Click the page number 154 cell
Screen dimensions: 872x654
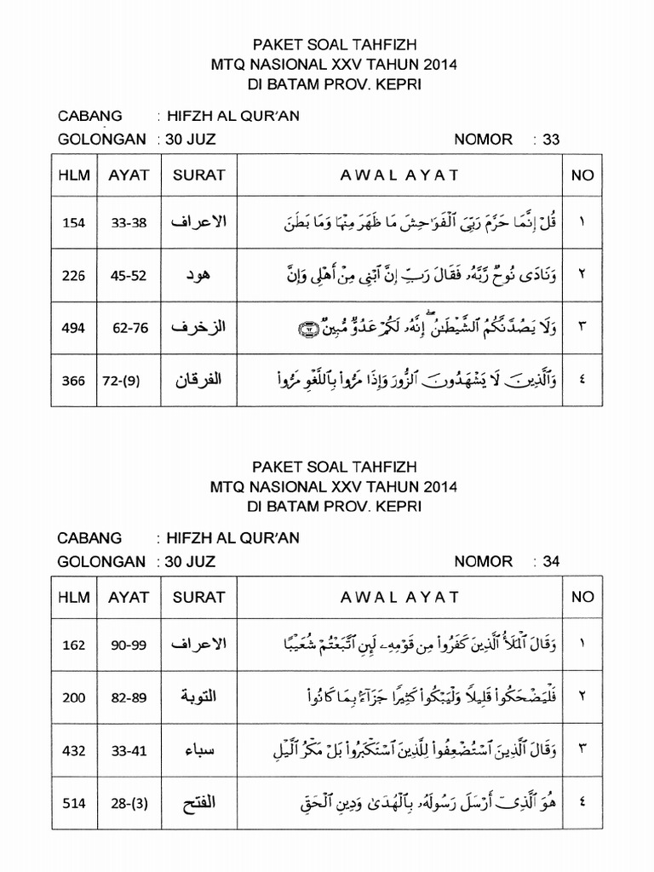(x=74, y=223)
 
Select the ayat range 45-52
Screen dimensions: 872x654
(x=129, y=276)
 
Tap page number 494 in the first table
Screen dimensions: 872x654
(x=74, y=329)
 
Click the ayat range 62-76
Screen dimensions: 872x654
(x=129, y=329)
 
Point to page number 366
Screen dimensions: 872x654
(x=74, y=381)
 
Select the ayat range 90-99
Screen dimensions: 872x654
(x=129, y=645)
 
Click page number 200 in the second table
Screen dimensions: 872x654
(x=74, y=697)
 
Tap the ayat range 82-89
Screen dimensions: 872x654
(x=129, y=697)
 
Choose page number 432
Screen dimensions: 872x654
(x=74, y=750)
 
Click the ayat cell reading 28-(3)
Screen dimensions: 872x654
(x=129, y=803)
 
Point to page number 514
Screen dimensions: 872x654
(x=74, y=803)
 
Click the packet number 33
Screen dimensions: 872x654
(x=551, y=140)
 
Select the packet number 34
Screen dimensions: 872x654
(x=551, y=561)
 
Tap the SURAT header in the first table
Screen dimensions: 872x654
(x=198, y=175)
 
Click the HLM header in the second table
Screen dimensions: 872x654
(x=74, y=597)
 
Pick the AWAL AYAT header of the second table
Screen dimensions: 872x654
(x=399, y=597)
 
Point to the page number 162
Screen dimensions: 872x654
(x=74, y=645)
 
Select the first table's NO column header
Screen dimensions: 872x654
(x=582, y=175)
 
